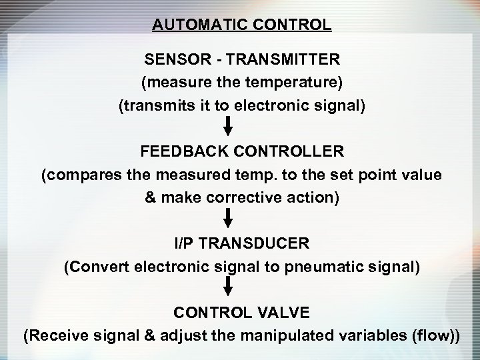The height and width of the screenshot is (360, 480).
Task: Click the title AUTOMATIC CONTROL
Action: [x=241, y=25]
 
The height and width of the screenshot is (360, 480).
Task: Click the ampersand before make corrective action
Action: [x=150, y=198]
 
